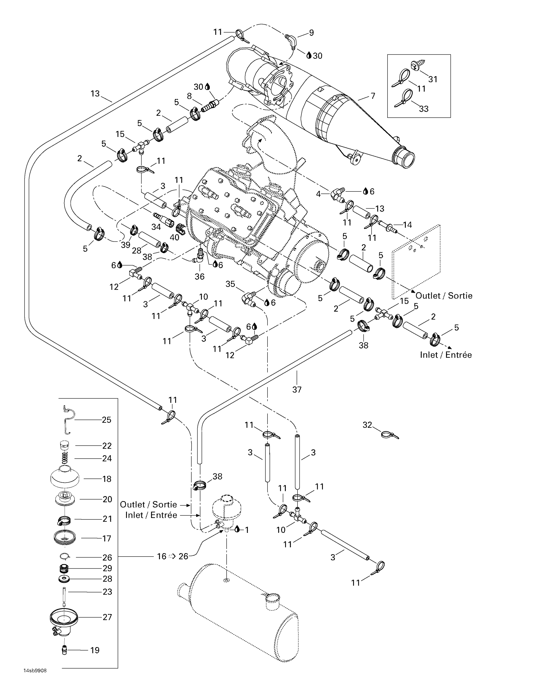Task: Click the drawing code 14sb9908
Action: (x=35, y=679)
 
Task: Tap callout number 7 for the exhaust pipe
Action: (x=373, y=96)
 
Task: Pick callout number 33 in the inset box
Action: (x=424, y=109)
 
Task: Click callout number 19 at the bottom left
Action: (x=95, y=650)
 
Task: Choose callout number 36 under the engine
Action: (x=199, y=276)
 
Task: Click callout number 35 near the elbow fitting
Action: (x=230, y=284)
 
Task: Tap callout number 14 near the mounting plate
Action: (x=407, y=225)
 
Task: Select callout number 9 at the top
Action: (x=311, y=33)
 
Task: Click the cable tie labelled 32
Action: (x=390, y=435)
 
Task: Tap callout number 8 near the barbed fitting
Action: (x=189, y=96)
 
